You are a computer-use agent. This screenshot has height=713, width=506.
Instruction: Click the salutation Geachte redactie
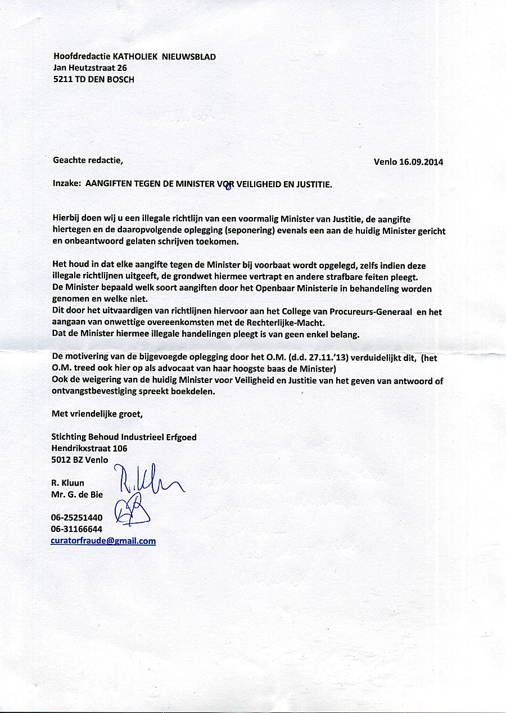[x=87, y=160]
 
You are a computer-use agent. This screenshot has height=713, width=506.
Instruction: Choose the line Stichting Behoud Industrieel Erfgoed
[x=124, y=437]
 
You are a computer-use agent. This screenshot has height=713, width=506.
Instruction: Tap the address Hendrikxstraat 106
[x=89, y=448]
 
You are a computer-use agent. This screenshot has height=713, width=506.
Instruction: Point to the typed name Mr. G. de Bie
[x=78, y=494]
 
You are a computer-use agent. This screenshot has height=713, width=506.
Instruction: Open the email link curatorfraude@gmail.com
[x=103, y=541]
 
